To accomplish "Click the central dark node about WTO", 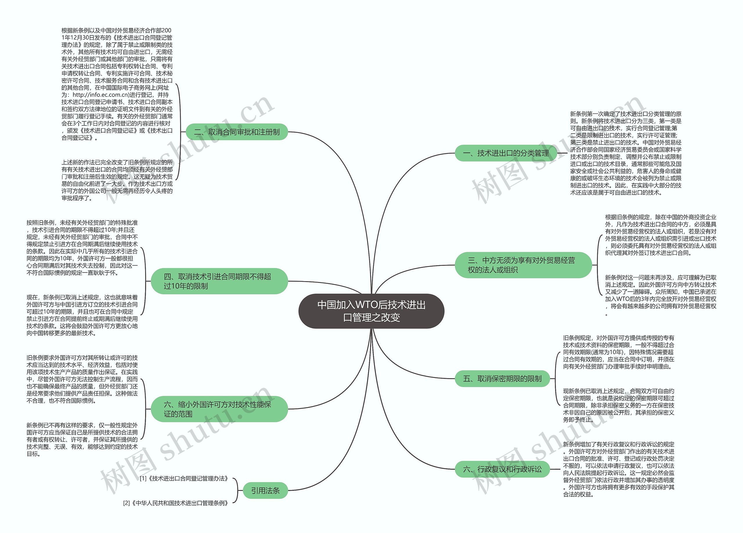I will pos(371,311).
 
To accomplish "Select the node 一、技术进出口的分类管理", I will pos(506,153).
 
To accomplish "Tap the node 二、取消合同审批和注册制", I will pos(237,132).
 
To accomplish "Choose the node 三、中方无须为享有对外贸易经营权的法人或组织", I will pos(523,265).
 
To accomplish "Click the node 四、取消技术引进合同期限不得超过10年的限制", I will pos(219,281).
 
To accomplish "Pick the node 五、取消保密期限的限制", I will pos(502,378).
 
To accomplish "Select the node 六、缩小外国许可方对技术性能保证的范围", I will pos(219,409).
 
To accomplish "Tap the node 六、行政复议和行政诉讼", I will pos(502,469).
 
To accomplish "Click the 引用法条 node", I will pos(265,491).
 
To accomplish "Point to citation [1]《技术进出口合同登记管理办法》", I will pos(184,479).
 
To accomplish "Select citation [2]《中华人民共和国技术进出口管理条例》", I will pos(176,503).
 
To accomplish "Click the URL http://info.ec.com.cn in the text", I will pos(101,95).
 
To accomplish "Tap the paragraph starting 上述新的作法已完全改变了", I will pos(117,180).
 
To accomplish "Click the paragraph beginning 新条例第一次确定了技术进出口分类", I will pos(625,153).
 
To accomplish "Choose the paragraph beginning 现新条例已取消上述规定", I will pos(618,405).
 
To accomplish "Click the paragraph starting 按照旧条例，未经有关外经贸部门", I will pos(82,248).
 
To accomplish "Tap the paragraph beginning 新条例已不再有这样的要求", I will pos(82,439).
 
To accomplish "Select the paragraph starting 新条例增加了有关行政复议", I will pos(618,469).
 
